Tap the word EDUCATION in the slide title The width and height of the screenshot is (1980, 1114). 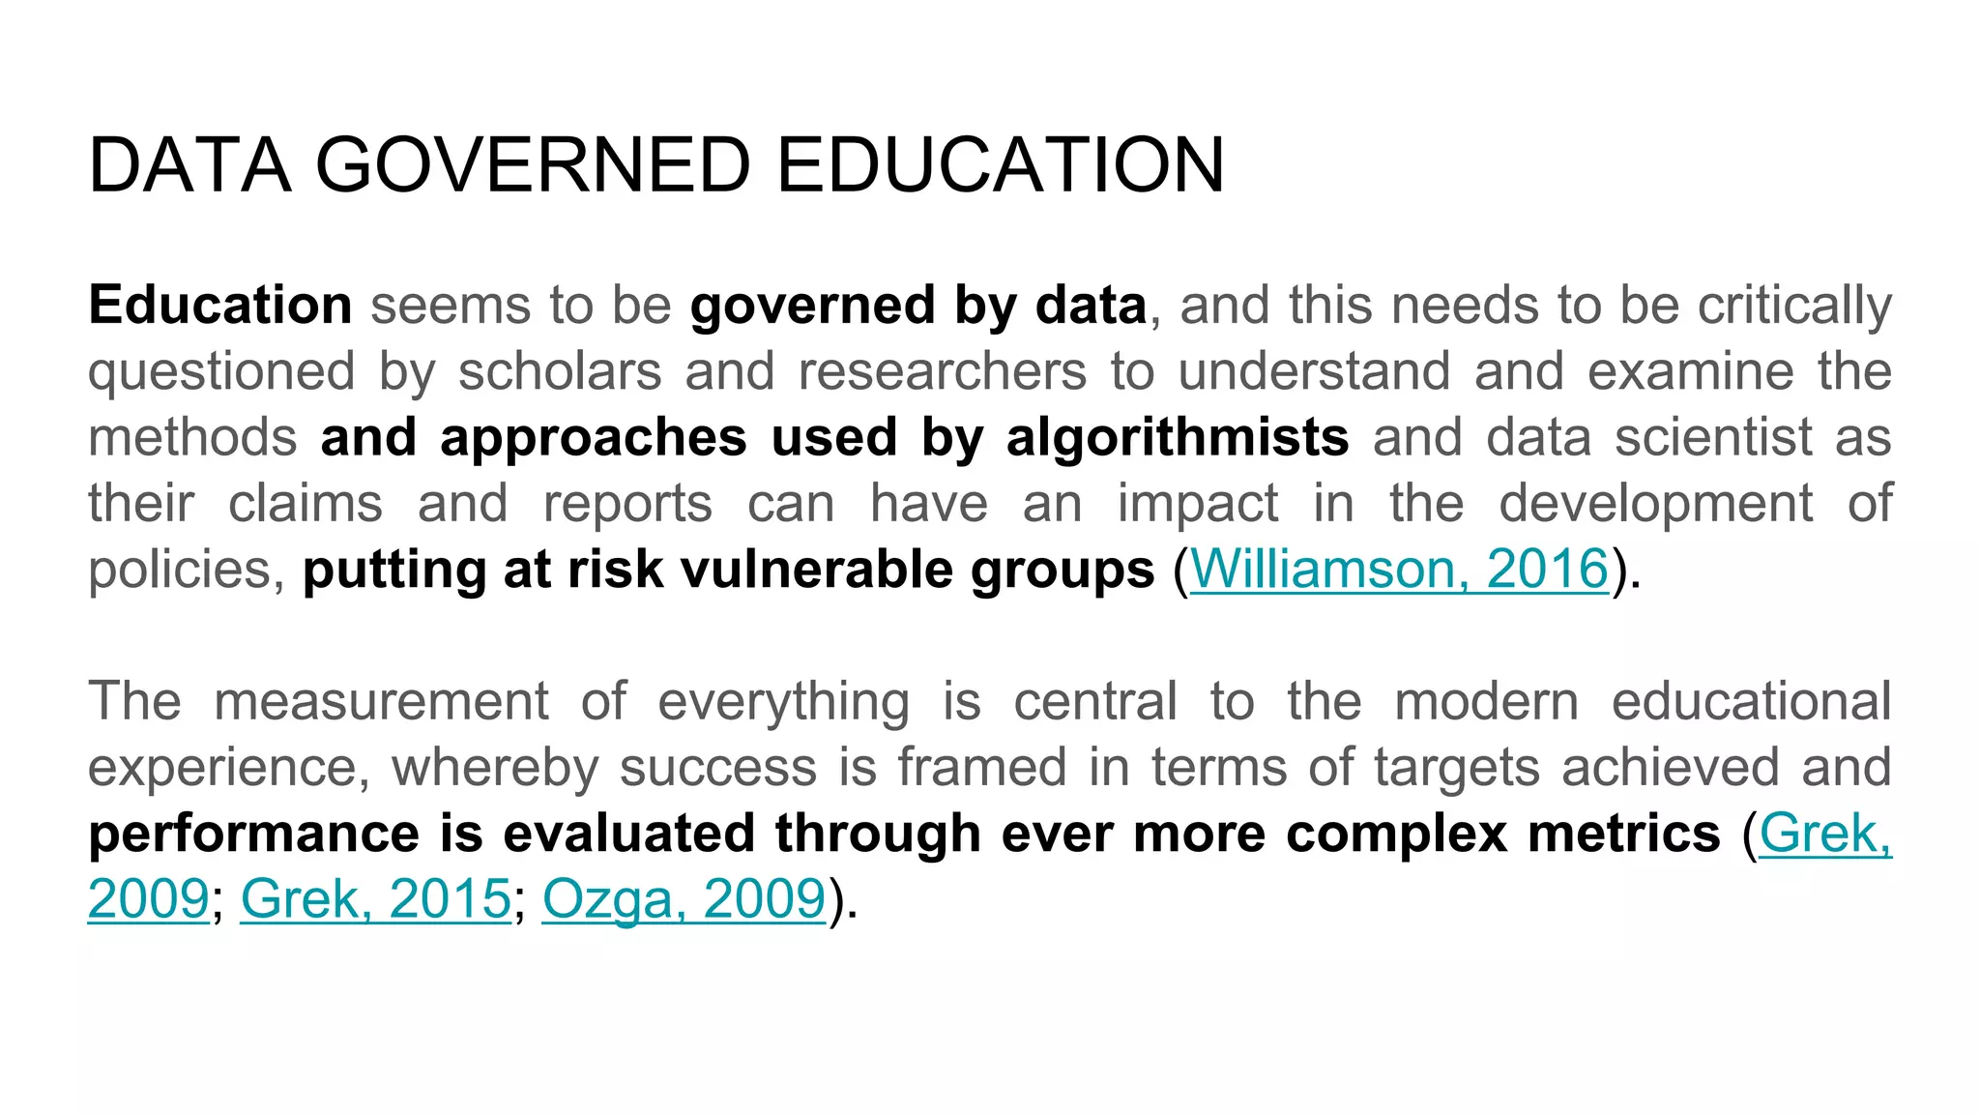1000,165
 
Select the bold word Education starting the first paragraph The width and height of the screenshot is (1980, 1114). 220,306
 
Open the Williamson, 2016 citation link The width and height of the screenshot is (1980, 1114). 1398,569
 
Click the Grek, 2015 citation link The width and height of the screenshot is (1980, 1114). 375,899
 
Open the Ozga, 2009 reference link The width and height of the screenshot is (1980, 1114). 684,899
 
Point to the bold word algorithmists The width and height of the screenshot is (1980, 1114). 1177,437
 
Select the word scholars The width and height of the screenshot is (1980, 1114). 560,371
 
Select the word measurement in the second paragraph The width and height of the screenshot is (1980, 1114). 381,701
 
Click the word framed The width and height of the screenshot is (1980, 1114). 981,767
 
